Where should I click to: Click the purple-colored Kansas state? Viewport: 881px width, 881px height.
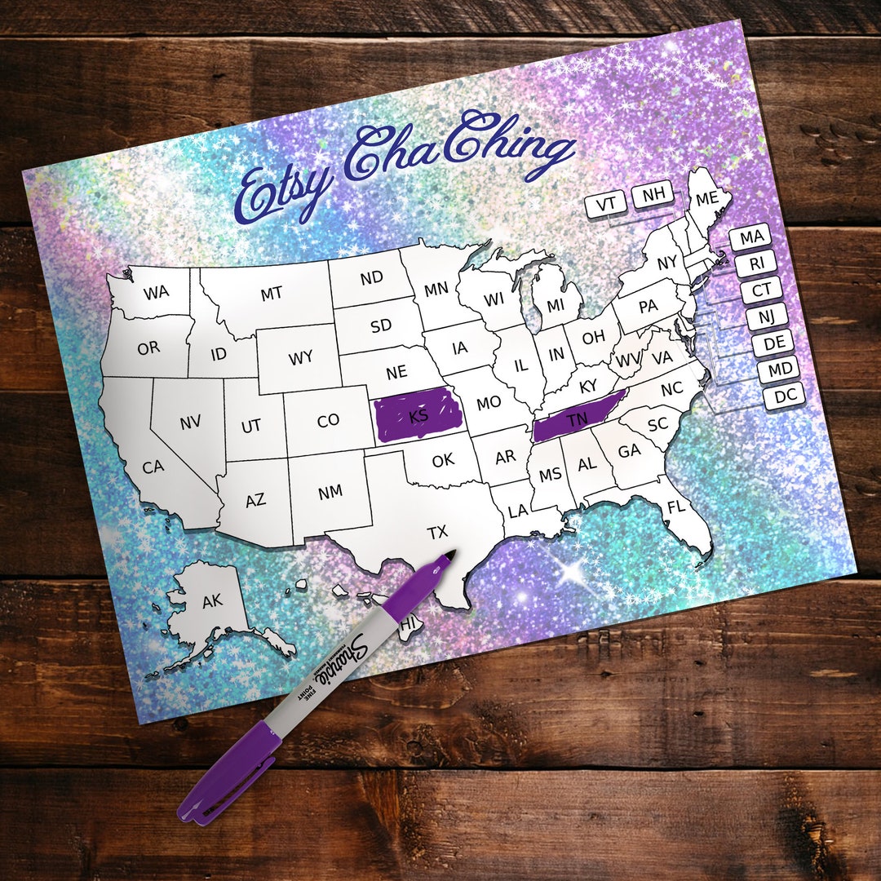tap(418, 415)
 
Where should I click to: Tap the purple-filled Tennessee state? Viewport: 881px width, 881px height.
tap(578, 419)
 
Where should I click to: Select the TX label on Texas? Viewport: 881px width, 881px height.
tap(438, 532)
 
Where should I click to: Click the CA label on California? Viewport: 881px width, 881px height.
tap(153, 467)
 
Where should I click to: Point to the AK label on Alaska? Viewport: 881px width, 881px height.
tap(212, 601)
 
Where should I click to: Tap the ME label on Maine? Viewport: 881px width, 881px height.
tap(706, 197)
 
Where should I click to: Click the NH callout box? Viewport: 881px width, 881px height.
tap(653, 194)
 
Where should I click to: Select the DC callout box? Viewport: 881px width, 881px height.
tap(785, 396)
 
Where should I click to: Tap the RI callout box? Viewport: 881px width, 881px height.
tap(756, 264)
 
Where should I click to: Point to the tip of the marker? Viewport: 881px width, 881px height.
tap(449, 555)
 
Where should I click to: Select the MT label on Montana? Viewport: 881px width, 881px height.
tap(272, 294)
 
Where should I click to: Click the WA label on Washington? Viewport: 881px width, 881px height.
tap(156, 293)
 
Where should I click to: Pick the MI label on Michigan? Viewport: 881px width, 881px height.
tap(556, 305)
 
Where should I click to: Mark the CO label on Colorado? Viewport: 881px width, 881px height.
tap(328, 421)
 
